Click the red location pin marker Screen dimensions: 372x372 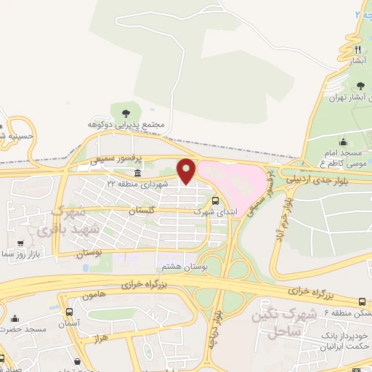(x=187, y=171)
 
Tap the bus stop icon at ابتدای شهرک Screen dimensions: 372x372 (x=215, y=201)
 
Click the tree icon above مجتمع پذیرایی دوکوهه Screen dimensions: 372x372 (x=126, y=113)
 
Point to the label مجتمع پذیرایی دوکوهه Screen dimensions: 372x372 (x=128, y=125)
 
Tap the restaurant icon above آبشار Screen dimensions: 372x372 (x=357, y=49)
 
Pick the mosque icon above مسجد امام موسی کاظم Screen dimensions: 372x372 (x=343, y=142)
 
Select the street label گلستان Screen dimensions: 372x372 (x=143, y=209)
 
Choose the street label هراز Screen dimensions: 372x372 (x=100, y=339)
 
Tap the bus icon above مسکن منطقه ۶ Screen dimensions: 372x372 (x=362, y=300)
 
